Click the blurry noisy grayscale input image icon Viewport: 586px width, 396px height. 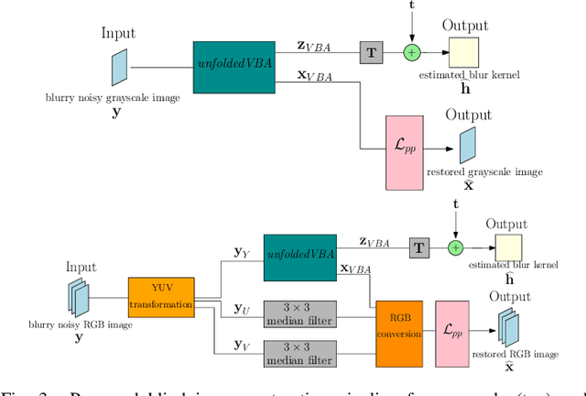click(x=118, y=64)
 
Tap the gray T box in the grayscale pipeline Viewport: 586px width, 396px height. click(x=372, y=53)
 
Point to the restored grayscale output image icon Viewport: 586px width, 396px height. click(x=468, y=145)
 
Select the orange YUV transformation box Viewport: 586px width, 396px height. click(x=161, y=298)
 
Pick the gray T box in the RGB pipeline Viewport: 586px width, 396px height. click(x=419, y=247)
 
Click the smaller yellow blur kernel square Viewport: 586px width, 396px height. click(x=508, y=247)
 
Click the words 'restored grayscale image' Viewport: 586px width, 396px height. click(x=484, y=171)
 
